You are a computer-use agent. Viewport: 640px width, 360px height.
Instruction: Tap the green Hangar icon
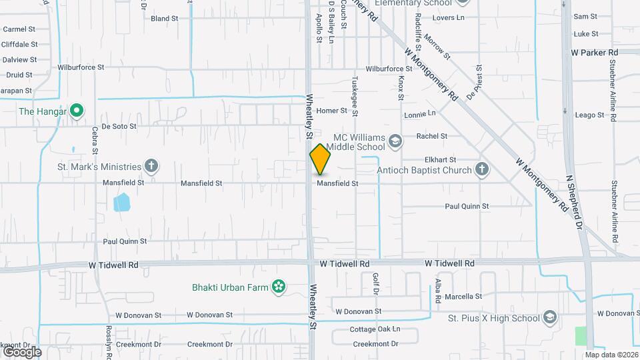coord(77,111)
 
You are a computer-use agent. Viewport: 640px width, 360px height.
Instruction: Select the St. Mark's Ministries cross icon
coord(152,166)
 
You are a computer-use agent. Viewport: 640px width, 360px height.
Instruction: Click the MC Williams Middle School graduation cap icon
coord(395,141)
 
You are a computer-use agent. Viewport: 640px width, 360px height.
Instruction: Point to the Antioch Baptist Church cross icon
coord(482,170)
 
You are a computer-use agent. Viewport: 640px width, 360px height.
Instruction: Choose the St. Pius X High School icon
coord(549,317)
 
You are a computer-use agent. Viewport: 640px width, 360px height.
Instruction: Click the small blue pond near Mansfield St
coord(122,202)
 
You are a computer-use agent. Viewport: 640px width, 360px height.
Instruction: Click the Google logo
coord(22,351)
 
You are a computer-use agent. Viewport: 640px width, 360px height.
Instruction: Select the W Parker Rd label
coord(595,52)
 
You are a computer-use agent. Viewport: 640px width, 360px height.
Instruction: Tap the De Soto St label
coord(119,125)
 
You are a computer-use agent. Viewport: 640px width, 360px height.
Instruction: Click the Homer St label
coord(332,111)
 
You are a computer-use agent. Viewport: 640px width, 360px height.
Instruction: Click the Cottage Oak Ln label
coord(375,329)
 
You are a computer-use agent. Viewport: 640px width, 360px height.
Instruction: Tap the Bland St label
coord(164,19)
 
